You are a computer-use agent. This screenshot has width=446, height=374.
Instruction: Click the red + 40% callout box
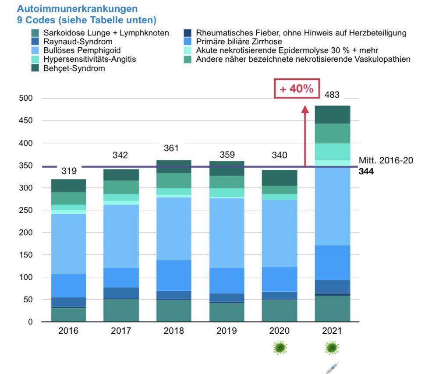[297, 88]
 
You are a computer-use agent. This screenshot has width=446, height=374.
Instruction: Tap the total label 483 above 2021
[332, 95]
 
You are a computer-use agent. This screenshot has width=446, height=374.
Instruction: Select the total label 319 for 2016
[68, 171]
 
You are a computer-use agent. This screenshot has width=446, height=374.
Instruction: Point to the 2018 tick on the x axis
[173, 331]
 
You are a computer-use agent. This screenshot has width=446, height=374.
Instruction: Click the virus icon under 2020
[280, 348]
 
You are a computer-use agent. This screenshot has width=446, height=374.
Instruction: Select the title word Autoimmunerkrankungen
[77, 9]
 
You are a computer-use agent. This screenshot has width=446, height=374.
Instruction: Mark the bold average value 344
[366, 172]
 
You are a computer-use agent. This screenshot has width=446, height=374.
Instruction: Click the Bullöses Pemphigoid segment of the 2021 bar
[333, 205]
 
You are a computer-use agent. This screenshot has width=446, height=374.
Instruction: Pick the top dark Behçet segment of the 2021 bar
[333, 115]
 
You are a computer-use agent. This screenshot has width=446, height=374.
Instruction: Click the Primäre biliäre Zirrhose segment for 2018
[173, 275]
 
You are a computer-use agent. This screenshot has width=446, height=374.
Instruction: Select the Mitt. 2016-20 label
[386, 161]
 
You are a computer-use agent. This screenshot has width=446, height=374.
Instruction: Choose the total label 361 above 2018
[171, 148]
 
